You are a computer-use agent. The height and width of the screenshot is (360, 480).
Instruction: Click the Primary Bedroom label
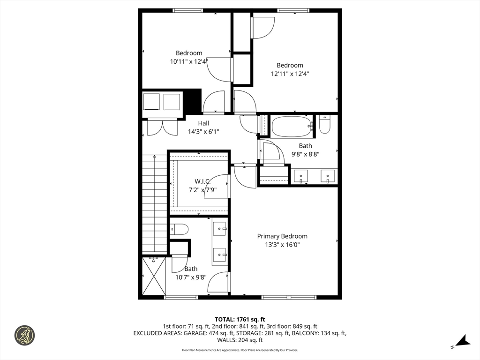282,236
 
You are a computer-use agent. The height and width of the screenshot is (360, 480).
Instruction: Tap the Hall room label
203,123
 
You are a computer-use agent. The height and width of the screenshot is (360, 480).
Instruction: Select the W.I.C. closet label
202,181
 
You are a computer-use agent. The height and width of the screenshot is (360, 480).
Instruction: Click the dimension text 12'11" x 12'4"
290,74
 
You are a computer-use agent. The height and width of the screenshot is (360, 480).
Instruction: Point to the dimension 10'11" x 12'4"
189,61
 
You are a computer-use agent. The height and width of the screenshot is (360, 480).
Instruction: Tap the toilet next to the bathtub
324,125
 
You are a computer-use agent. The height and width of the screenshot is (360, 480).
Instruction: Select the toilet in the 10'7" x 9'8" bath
180,229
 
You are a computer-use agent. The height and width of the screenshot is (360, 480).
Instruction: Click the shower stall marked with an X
154,276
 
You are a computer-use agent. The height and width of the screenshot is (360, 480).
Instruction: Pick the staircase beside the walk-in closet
154,204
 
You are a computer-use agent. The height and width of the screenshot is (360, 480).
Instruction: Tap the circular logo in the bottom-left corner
24,336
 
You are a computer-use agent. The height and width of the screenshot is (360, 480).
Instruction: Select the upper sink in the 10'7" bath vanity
219,229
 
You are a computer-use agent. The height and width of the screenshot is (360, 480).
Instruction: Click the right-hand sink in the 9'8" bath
327,176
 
